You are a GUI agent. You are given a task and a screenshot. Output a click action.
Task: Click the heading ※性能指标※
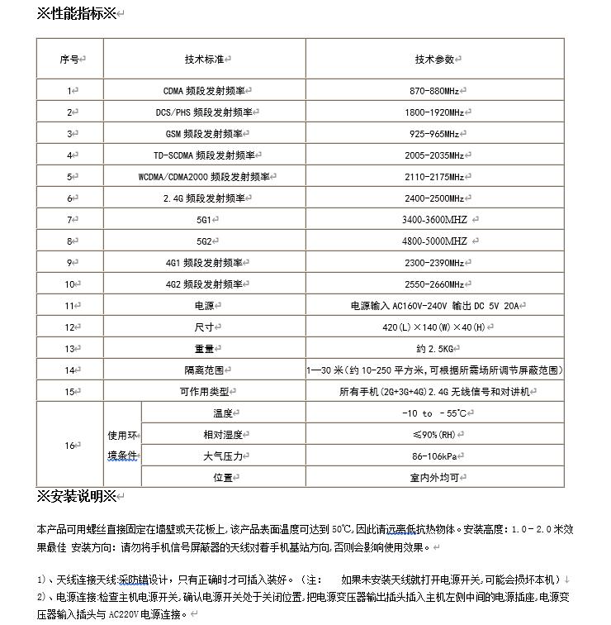coord(78,14)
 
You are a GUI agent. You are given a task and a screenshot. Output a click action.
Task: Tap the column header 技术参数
coord(434,60)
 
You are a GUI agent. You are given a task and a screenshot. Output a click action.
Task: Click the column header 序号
coord(69,60)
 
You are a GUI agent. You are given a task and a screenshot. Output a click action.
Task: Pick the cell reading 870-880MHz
coord(434,90)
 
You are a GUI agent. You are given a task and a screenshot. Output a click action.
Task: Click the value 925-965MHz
coord(434,133)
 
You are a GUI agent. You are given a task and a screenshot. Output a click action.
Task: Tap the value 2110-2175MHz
coord(434,176)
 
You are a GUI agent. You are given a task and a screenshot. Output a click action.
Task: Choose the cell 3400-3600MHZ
coord(434,219)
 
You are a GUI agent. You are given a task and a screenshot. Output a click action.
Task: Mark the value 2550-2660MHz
coord(434,284)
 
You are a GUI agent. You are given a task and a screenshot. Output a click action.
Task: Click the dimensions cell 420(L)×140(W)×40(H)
coord(434,327)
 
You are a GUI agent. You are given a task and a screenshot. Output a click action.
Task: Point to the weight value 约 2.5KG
coord(434,348)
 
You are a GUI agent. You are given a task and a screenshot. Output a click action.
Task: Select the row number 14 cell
coord(69,370)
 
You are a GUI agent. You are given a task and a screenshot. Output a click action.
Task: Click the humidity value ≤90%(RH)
coord(434,434)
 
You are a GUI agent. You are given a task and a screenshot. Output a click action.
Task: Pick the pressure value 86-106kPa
coord(434,456)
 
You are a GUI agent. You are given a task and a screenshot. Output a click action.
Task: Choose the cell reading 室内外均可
coord(434,477)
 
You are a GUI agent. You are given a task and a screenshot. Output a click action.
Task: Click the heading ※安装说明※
coord(78,496)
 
